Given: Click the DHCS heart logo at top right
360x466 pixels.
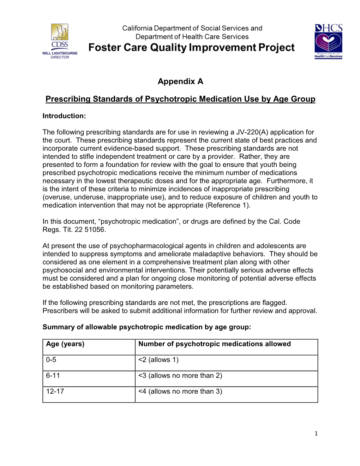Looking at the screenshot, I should click(328, 41).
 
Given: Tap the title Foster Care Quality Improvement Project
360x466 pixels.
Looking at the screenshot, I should click(191, 48).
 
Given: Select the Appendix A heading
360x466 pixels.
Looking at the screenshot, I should click(180, 82).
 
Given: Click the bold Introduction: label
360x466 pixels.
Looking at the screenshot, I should click(64, 116).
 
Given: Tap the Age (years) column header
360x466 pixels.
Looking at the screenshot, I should click(65, 344).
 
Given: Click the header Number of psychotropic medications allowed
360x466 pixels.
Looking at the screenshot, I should click(215, 344).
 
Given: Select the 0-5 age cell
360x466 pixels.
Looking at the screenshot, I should click(51, 360).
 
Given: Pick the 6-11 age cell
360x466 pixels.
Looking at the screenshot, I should click(53, 376).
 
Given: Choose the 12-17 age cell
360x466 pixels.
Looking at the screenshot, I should click(55, 392).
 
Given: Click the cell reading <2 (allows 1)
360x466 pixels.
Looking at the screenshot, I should click(158, 360).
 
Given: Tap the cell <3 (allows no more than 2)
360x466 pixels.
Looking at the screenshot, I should click(180, 376).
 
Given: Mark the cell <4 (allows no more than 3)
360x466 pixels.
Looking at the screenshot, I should click(180, 392).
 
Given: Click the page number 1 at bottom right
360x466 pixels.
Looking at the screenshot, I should click(316, 434).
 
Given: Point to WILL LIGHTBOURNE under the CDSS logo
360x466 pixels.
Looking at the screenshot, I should click(60, 53).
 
